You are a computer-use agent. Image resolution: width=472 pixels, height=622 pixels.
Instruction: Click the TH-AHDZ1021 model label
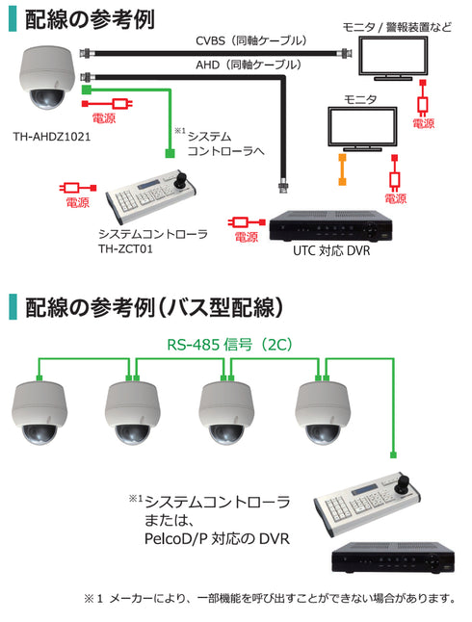point(52,138)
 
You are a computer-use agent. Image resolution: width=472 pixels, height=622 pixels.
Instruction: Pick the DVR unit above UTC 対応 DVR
point(329,223)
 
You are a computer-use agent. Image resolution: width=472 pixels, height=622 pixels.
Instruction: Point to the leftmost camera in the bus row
point(39,411)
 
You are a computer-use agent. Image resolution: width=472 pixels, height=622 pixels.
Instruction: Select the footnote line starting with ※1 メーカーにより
point(269,599)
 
